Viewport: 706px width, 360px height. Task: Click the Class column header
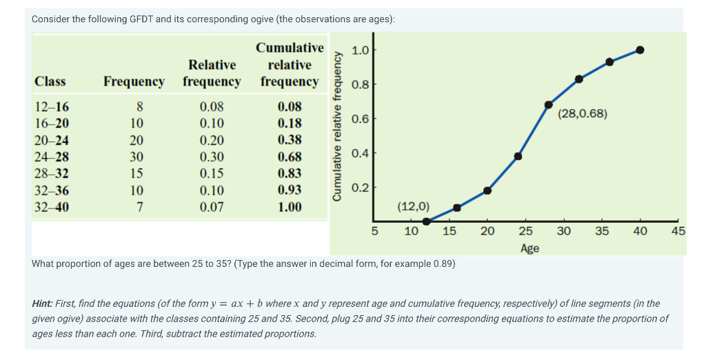50,81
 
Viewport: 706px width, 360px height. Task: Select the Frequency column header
134,81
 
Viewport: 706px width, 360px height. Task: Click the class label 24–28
51,157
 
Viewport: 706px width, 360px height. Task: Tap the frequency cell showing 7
139,207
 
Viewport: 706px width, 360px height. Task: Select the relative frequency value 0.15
212,174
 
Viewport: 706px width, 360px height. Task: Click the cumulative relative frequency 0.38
290,140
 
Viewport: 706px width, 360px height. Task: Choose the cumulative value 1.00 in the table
290,207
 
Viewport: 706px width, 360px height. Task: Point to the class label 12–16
51,107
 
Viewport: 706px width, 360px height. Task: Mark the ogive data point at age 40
640,50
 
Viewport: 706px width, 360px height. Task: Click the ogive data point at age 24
518,156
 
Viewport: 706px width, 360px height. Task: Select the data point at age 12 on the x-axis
426,221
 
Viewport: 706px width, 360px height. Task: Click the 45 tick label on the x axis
678,232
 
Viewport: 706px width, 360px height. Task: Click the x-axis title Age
529,248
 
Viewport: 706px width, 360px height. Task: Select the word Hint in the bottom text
44,303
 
